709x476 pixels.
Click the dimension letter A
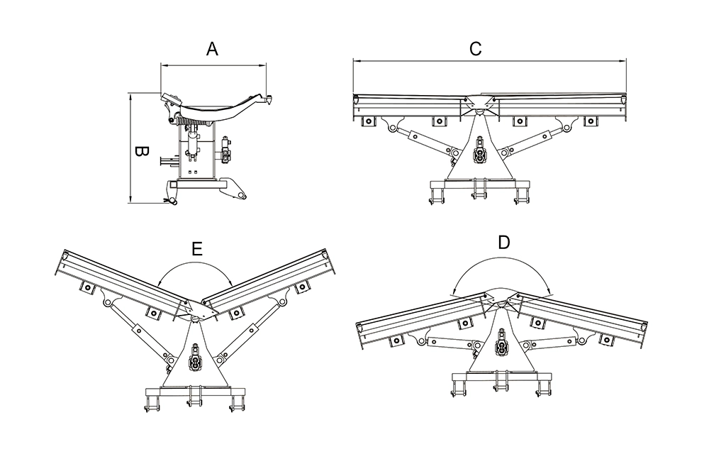[211, 49]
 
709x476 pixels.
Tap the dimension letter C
[476, 49]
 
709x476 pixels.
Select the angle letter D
[503, 243]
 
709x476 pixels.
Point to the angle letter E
[197, 248]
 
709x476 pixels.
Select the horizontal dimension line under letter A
[213, 65]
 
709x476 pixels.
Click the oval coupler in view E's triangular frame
[194, 362]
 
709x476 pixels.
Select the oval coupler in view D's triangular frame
[502, 348]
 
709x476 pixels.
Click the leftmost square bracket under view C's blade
[369, 121]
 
